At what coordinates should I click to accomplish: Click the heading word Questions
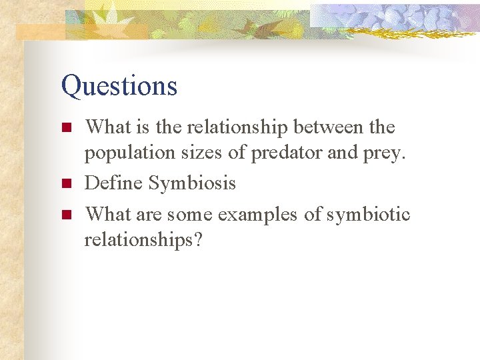(x=119, y=86)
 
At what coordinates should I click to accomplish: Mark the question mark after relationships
(x=197, y=239)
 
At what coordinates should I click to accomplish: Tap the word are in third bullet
(x=150, y=215)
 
